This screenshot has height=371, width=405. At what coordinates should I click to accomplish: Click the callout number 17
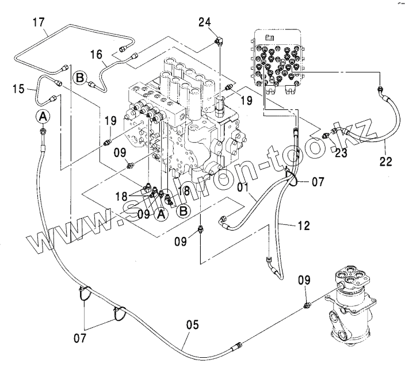point(39,24)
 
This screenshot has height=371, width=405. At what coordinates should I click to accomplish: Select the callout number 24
point(205,23)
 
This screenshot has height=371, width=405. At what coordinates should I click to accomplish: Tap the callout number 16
point(97,55)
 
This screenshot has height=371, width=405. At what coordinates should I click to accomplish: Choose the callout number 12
point(304,226)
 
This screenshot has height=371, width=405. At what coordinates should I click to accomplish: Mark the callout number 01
point(242,187)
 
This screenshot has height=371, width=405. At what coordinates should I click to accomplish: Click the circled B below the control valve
point(184,211)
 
